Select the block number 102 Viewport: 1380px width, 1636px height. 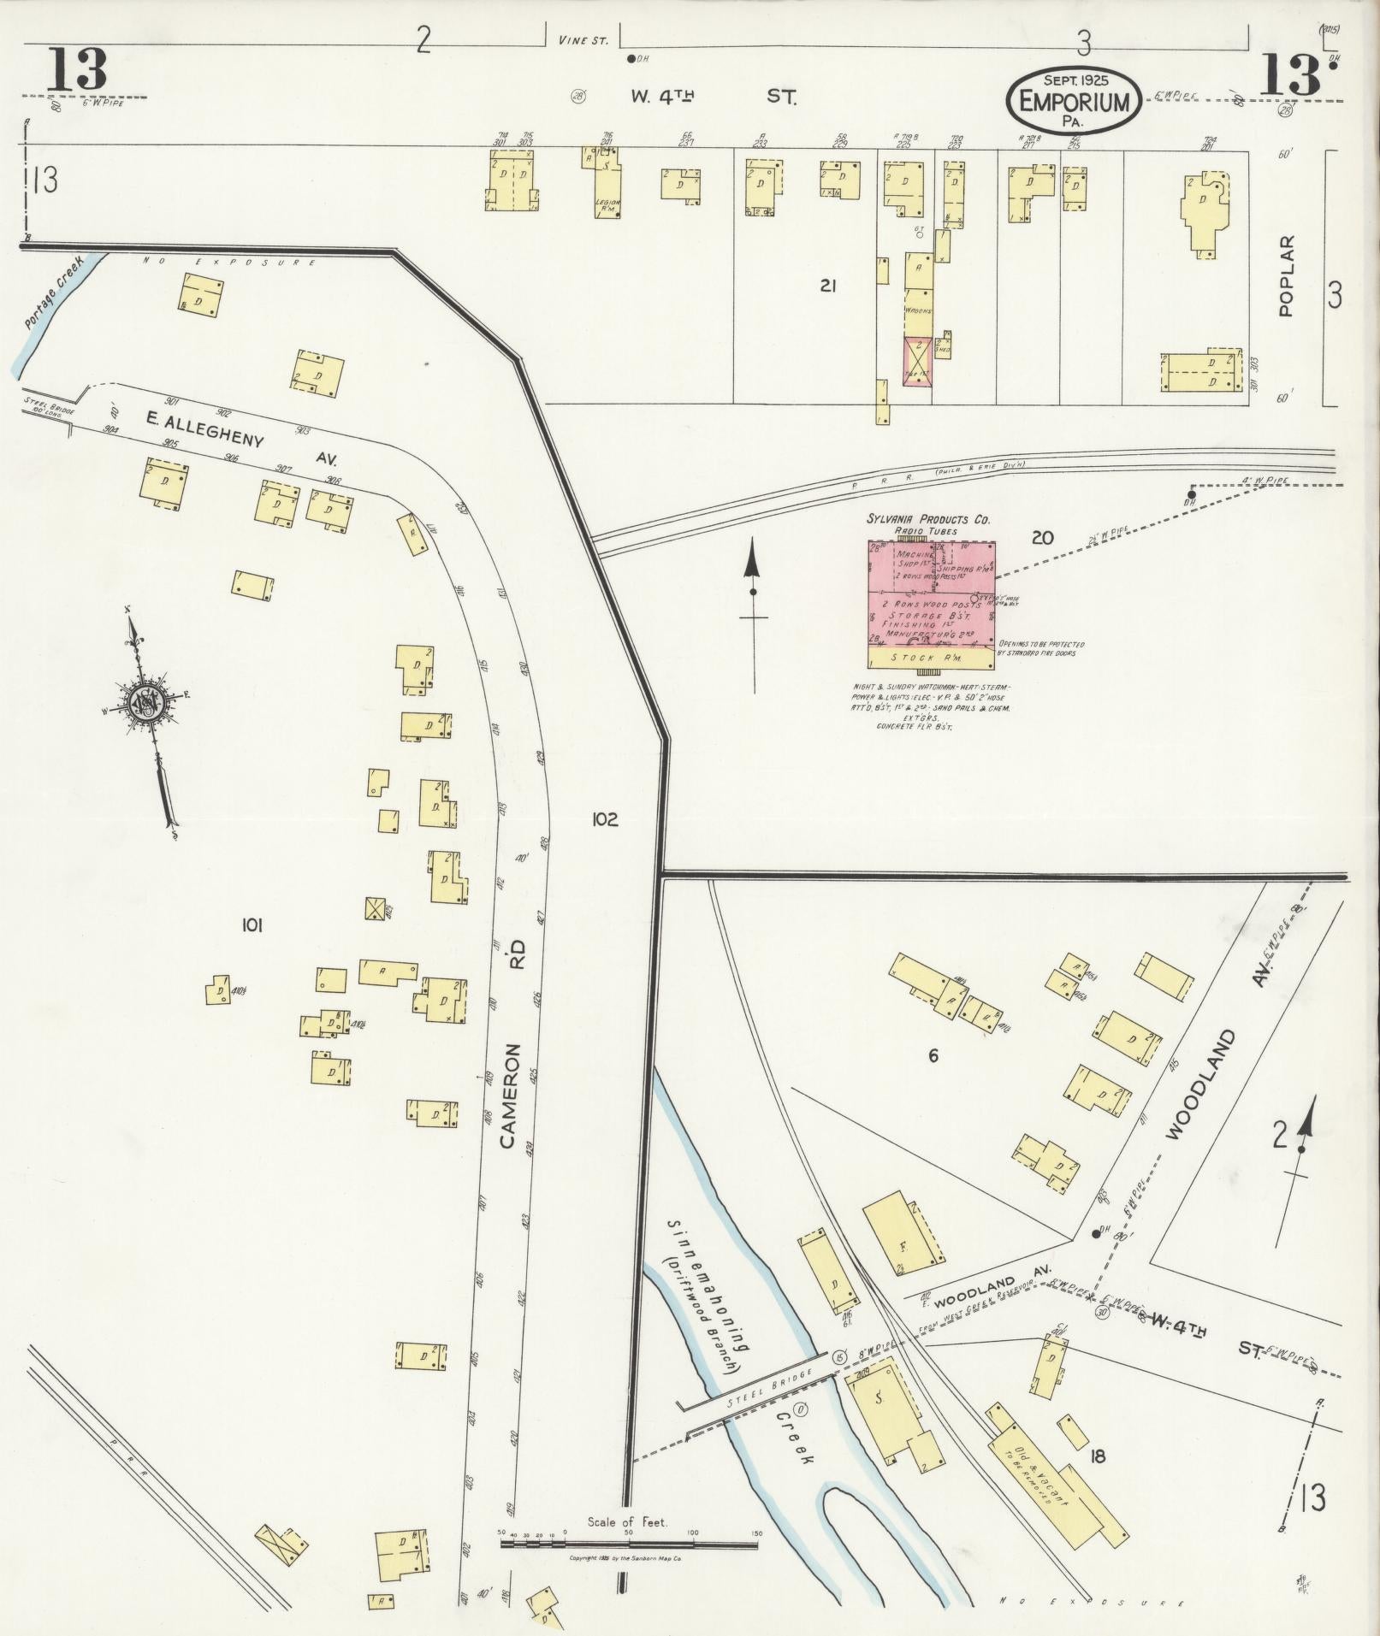[x=604, y=818]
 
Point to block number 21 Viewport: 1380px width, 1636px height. [x=826, y=286]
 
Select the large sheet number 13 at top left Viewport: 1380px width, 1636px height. [x=77, y=70]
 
